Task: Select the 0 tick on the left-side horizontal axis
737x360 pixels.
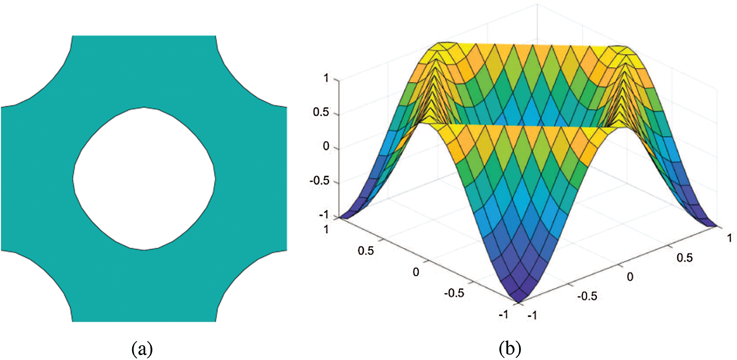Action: coord(417,272)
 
